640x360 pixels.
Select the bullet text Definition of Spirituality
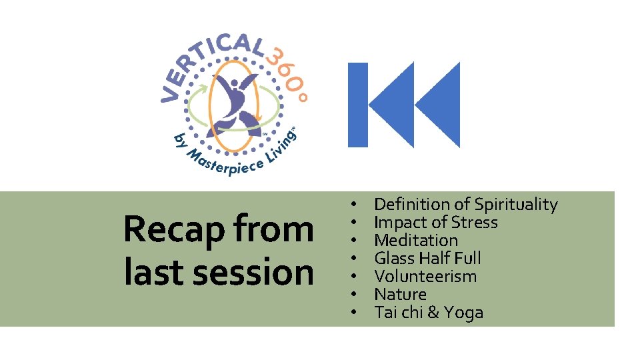point(465,204)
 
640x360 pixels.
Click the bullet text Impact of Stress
point(435,222)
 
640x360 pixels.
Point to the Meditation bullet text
point(416,240)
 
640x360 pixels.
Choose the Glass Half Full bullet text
point(427,258)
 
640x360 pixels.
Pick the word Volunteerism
point(425,276)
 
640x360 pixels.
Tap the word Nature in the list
point(400,294)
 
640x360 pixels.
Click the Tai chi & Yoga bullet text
point(429,312)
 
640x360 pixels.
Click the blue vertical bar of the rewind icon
point(358,105)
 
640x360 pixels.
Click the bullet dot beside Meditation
point(355,240)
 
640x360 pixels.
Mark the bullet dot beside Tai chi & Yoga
point(355,312)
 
